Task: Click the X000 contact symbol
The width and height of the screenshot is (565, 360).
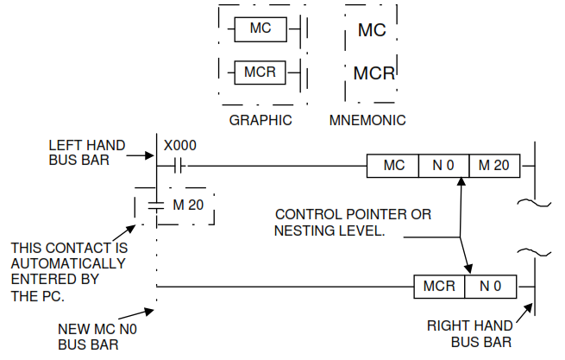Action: (179, 167)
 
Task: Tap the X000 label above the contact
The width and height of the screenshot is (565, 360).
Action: (180, 145)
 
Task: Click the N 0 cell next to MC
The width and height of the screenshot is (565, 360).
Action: (443, 166)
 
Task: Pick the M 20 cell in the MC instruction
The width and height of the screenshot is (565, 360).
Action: (494, 166)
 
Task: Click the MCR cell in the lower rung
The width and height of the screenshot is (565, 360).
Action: (439, 287)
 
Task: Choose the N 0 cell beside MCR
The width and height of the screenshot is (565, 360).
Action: (491, 287)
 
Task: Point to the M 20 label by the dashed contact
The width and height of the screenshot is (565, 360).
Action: (188, 205)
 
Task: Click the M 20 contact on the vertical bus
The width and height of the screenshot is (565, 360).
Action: (156, 205)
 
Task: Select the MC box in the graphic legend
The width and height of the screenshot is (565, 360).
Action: (261, 29)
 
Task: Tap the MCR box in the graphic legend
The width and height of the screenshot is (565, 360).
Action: (261, 73)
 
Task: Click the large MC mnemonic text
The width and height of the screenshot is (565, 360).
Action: (372, 30)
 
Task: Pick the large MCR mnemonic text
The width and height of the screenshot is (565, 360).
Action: (374, 73)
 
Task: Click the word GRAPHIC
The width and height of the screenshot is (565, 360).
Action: (261, 120)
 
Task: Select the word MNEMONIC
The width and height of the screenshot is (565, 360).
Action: (367, 120)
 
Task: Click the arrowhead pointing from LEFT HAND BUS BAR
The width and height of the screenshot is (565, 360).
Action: (149, 155)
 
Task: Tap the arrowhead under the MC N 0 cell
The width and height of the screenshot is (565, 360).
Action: (461, 181)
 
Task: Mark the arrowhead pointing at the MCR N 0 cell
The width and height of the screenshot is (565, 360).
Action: (468, 268)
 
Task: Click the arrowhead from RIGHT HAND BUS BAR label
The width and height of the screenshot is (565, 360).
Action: (528, 308)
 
